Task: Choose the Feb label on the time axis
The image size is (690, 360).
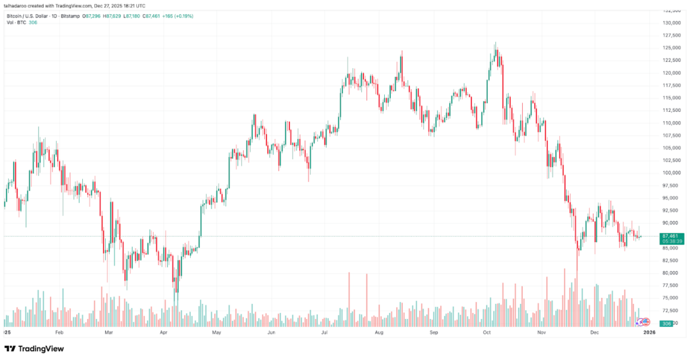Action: tap(59, 333)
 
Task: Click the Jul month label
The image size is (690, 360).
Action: tap(324, 333)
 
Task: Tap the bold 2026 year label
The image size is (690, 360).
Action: tap(649, 333)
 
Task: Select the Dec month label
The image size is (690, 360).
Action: tap(594, 333)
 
